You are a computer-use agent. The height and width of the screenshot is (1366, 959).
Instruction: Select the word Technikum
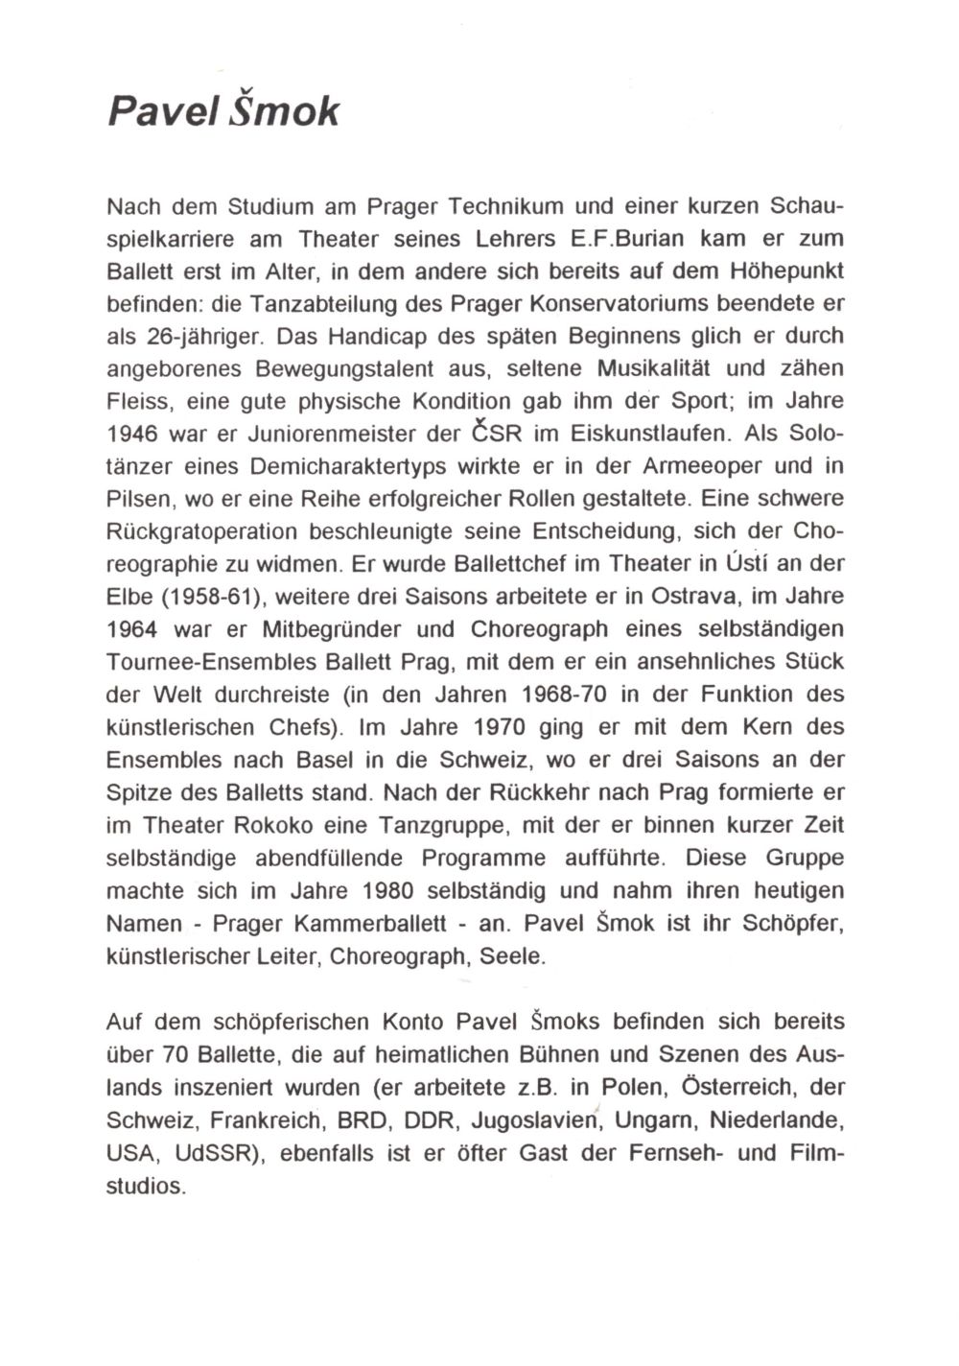pos(506,206)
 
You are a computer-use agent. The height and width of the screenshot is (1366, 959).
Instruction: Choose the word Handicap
pos(381,337)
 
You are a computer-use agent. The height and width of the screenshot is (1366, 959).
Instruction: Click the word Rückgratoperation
pos(217,532)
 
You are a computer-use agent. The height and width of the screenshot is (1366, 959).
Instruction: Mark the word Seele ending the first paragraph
pos(518,956)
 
